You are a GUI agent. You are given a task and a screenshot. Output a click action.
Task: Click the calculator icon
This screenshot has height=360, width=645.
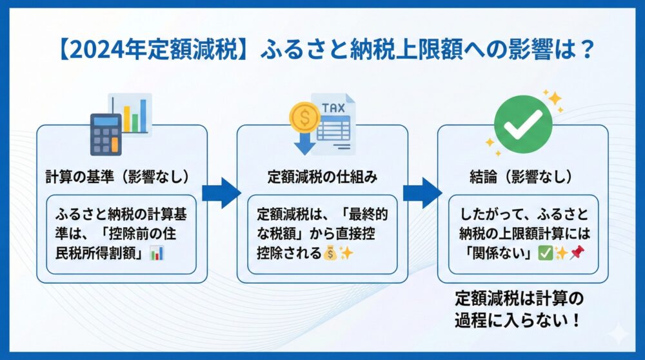pyautogui.click(x=106, y=134)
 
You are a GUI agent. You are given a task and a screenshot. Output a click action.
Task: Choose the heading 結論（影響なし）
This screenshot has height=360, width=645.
pyautogui.click(x=523, y=175)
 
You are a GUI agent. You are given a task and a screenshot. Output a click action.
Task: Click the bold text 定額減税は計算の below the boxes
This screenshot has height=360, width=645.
pyautogui.click(x=519, y=299)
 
